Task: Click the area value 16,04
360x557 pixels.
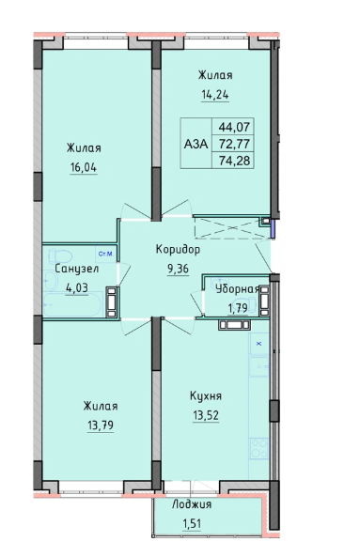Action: (84, 167)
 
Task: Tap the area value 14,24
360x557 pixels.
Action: (215, 95)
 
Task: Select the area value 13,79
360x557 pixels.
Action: (101, 425)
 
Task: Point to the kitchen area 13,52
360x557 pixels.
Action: (206, 414)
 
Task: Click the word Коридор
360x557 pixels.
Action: (178, 249)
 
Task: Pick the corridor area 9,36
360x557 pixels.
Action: (178, 269)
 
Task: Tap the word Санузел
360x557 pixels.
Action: (77, 269)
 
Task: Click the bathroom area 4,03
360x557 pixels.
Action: (77, 287)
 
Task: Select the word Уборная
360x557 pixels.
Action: (238, 289)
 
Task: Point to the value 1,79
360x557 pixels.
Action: (238, 308)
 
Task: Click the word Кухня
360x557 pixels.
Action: (206, 395)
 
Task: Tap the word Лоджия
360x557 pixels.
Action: (192, 504)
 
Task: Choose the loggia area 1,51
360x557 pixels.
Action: (192, 523)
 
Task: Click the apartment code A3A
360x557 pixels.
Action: (196, 144)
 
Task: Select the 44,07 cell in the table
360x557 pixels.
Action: (234, 127)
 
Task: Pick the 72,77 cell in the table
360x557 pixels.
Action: (234, 144)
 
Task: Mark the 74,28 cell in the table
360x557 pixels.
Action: (234, 161)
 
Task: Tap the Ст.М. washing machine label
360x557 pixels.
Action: (105, 254)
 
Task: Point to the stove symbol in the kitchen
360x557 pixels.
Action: (259, 448)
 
